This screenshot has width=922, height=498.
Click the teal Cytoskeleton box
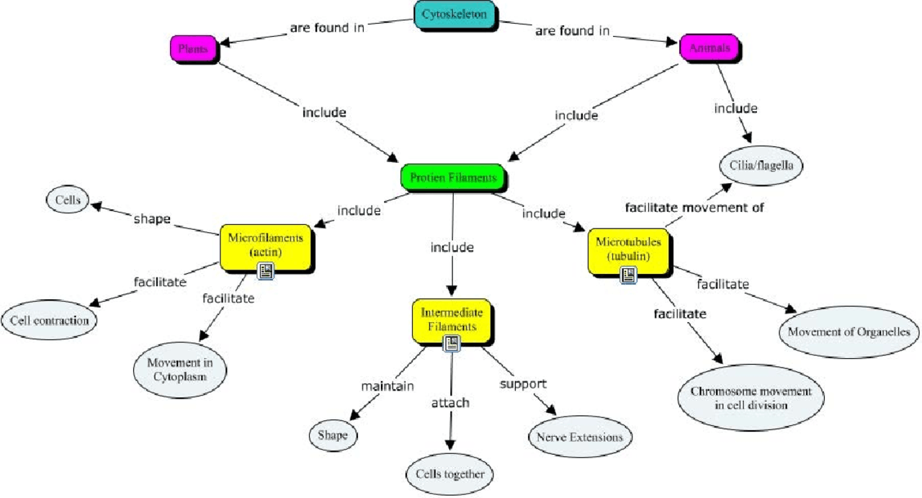[x=455, y=15]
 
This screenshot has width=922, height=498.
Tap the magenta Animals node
[x=710, y=48]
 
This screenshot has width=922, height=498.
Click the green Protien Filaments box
[x=452, y=177]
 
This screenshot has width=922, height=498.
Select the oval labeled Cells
[x=67, y=200]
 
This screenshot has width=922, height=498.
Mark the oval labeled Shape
[x=333, y=435]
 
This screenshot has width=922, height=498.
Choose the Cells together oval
[x=450, y=474]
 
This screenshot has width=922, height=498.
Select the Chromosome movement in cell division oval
[x=751, y=399]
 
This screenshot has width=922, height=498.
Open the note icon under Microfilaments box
[x=266, y=271]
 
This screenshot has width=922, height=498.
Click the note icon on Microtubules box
[x=629, y=275]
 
